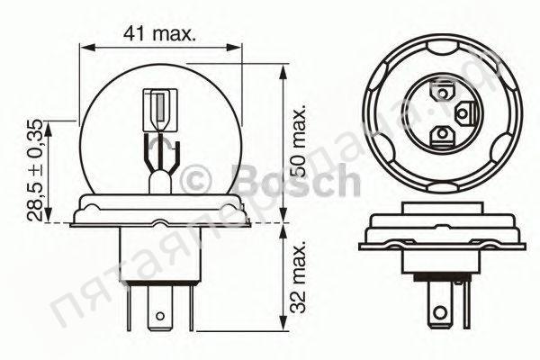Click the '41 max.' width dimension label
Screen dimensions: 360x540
coord(161,33)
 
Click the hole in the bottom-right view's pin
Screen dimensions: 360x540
coord(441,315)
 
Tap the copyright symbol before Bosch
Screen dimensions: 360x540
coord(197,181)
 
